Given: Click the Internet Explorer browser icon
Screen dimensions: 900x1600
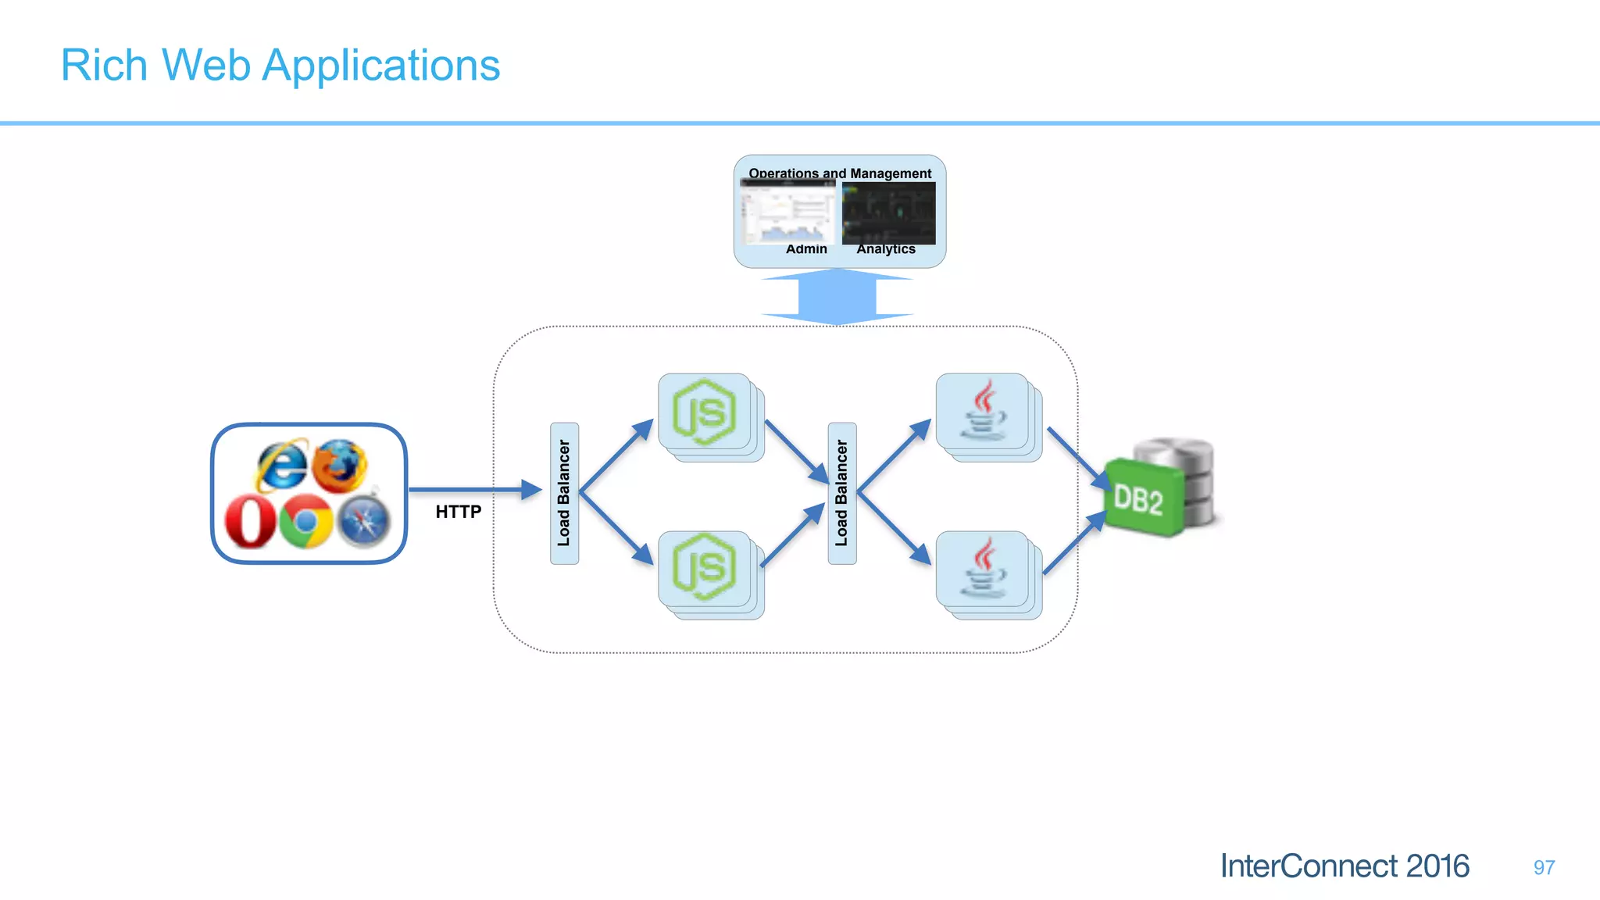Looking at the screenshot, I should (x=281, y=465).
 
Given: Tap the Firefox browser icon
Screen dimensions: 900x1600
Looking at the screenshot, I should (x=341, y=466).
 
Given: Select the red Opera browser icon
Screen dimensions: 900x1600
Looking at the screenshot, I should (x=250, y=522).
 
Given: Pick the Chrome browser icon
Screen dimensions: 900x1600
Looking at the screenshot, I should (x=306, y=521).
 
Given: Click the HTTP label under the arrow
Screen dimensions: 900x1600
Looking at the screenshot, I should (x=459, y=512).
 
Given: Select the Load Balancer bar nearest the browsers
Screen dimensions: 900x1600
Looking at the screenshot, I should (x=564, y=493).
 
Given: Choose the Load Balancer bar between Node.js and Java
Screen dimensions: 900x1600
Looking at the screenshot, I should (x=841, y=493).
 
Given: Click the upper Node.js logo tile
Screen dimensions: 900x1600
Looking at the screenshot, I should (x=705, y=412).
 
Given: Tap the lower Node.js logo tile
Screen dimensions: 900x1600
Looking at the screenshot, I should (x=705, y=568).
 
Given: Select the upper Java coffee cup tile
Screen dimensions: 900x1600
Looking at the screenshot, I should (x=983, y=411).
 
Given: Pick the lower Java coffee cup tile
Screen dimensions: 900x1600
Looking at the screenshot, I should (x=983, y=568).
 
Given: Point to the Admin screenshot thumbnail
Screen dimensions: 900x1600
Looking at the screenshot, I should (x=787, y=212).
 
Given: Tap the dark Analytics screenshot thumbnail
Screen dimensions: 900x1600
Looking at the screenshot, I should (x=888, y=213).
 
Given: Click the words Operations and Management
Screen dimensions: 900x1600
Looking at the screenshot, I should (x=840, y=173).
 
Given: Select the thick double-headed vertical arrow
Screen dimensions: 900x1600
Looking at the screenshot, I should (x=837, y=297).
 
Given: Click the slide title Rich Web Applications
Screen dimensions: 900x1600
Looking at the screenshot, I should (x=280, y=65).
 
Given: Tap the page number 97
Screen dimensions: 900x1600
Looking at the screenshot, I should (x=1543, y=867).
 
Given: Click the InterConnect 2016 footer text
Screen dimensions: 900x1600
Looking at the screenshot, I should (x=1345, y=866).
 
